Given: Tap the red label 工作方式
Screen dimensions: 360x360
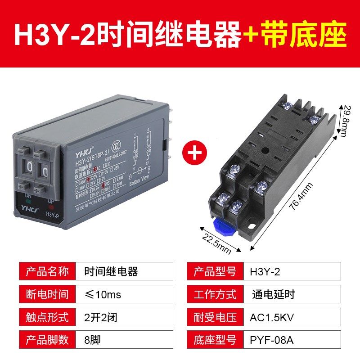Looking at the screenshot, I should (215, 295).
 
